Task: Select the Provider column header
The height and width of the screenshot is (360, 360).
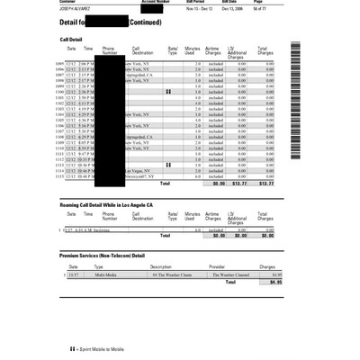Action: point(217,266)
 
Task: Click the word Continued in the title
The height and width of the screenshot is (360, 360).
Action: point(145,22)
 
